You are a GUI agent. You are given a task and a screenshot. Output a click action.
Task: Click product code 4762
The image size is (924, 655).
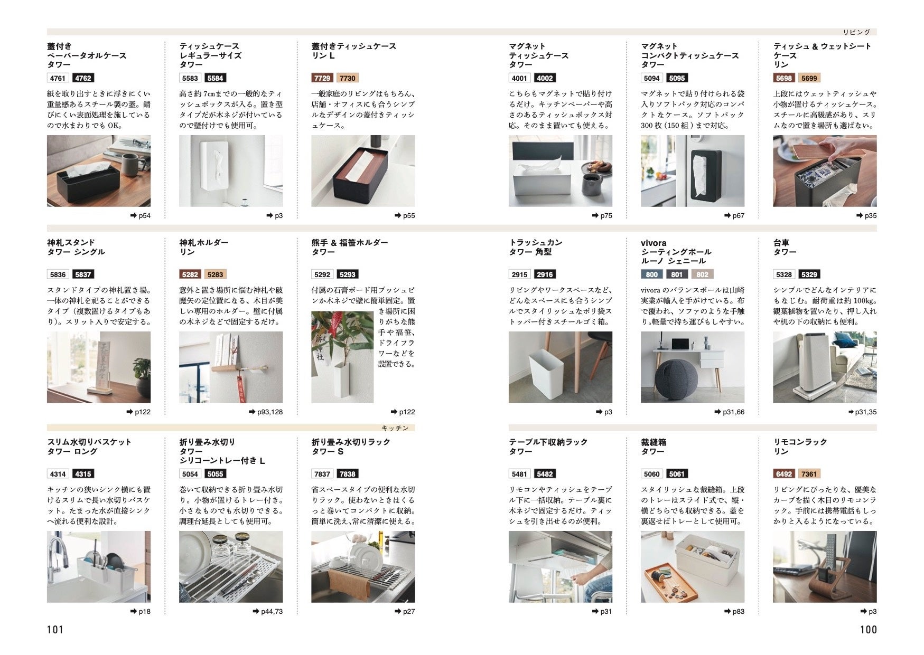(83, 78)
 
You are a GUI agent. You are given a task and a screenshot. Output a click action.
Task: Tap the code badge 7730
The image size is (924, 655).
(347, 78)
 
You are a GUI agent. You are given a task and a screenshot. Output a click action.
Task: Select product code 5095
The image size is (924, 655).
(677, 78)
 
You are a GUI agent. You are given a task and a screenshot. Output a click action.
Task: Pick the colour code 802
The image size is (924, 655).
(702, 274)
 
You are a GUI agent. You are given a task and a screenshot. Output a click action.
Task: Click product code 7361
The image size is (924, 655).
(809, 474)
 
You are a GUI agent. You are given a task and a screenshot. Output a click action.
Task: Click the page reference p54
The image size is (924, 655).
(141, 216)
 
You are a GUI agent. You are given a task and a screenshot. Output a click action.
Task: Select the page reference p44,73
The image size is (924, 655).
(268, 612)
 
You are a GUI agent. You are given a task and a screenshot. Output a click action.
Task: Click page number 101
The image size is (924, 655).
(55, 629)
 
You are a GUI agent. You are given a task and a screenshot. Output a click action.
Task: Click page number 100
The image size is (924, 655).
(868, 629)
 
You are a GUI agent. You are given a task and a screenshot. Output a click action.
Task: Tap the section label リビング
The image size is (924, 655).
(856, 32)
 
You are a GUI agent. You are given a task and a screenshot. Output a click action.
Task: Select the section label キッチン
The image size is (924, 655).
(395, 428)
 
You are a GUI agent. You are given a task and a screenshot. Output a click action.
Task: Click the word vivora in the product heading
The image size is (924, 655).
(654, 243)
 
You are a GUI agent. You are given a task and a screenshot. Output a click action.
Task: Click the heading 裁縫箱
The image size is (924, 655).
(654, 442)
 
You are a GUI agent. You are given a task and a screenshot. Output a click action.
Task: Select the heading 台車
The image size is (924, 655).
(781, 243)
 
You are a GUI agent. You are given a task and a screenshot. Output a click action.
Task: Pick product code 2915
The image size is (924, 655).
(519, 274)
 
